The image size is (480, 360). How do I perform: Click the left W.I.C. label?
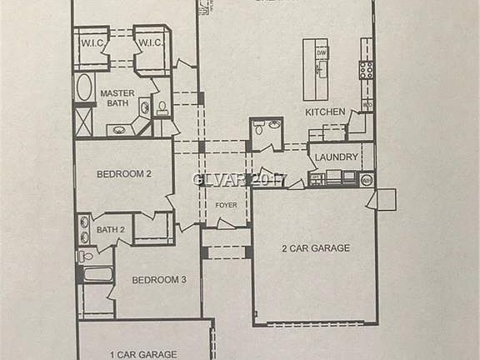pos(91,43)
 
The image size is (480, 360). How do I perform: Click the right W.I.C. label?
pos(149,43)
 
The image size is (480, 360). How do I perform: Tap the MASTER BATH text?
pos(117,98)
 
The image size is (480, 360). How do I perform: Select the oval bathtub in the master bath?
pos(84,88)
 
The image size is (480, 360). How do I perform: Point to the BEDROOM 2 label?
pos(123,174)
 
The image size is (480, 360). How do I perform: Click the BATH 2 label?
pos(110,229)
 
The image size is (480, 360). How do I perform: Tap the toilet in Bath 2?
pos(84,257)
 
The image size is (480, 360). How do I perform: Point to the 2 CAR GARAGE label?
pos(315,247)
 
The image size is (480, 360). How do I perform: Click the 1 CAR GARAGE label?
pos(142,354)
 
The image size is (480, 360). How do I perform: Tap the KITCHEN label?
pos(324,112)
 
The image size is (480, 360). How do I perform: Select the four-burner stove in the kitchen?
pos(366,70)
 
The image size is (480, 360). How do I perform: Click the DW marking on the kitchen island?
pos(321,53)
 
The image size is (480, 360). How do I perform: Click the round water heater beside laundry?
pos(367,178)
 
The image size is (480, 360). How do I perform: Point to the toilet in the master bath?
pos(162,107)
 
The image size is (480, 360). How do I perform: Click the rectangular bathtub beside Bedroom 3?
pos(96,273)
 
